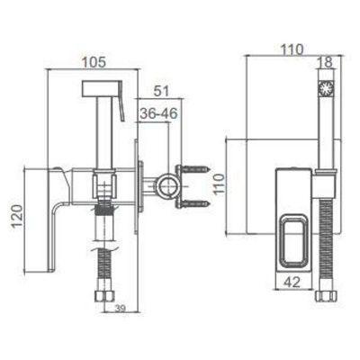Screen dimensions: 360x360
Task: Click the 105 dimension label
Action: click(94, 62)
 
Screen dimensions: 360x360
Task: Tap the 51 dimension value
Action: click(162, 91)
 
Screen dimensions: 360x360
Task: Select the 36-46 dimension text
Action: click(159, 113)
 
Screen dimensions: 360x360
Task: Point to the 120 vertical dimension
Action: click(17, 216)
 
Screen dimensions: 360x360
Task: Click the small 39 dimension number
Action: click(120, 308)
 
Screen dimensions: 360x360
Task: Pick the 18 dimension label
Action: click(326, 62)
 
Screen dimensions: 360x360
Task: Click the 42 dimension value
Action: click(292, 282)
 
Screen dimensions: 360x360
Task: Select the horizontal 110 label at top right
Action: click(292, 49)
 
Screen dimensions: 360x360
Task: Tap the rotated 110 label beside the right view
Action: click(220, 184)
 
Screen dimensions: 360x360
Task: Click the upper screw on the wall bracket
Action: click(195, 169)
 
